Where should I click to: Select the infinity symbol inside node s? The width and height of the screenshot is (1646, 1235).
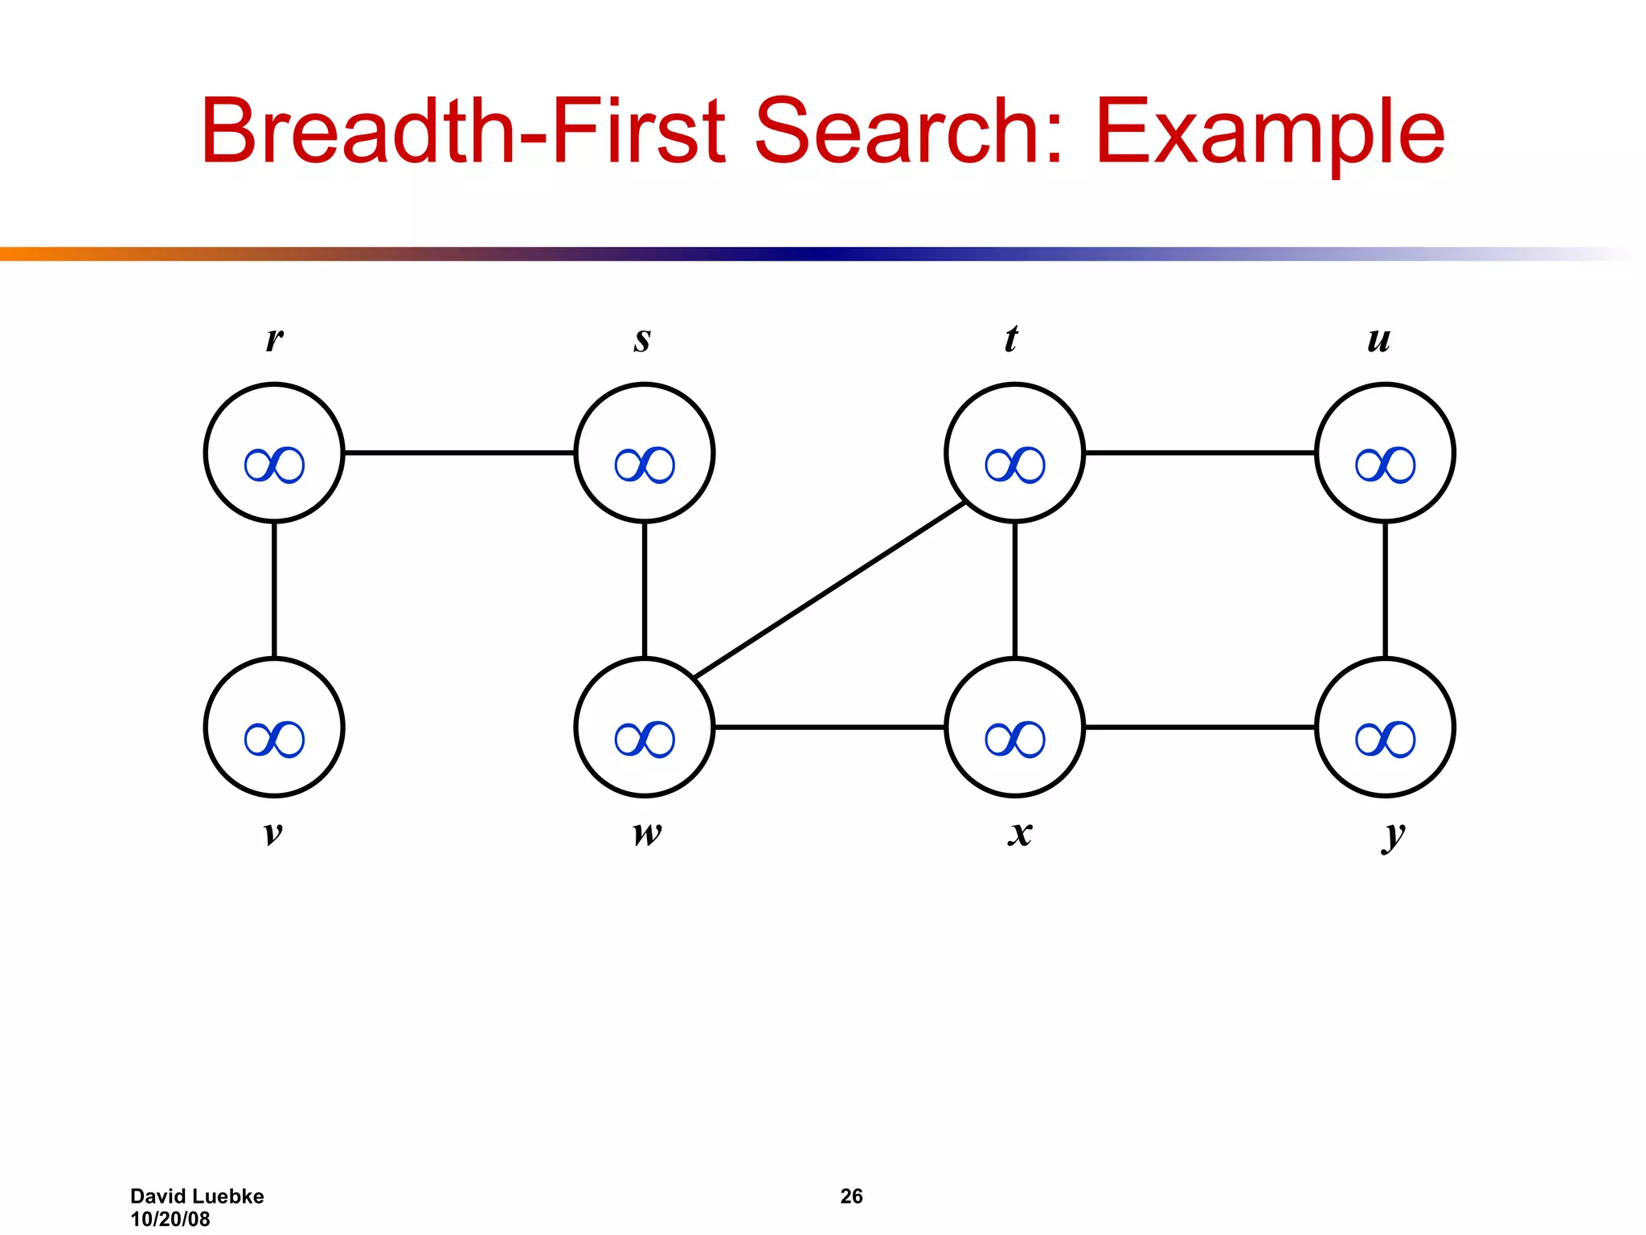(645, 465)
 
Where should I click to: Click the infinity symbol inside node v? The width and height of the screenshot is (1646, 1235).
(274, 739)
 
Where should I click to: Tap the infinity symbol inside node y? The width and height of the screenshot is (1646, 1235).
(1385, 739)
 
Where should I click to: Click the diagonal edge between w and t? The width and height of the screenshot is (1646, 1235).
(830, 589)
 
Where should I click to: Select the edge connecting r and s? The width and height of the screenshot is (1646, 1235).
(459, 453)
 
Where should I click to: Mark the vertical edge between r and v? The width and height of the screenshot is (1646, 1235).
(274, 589)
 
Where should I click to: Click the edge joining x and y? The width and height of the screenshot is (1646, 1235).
(1200, 727)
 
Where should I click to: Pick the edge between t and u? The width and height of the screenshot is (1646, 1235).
(1200, 453)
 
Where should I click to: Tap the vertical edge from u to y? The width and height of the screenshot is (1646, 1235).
(1385, 589)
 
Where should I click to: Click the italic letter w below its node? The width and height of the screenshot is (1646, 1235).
(647, 834)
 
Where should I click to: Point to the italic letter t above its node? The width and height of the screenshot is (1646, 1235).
(1011, 338)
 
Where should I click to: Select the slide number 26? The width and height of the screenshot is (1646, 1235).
(851, 1196)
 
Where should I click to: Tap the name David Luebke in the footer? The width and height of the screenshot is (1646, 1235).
(197, 1196)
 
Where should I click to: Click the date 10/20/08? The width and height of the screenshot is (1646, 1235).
(170, 1219)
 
